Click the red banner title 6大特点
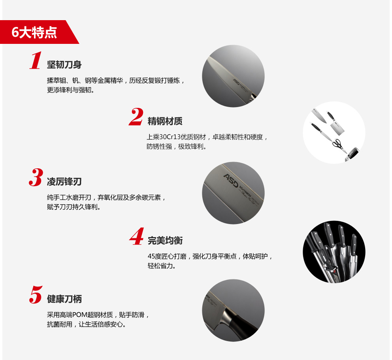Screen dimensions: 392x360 pyautogui.click(x=34, y=32)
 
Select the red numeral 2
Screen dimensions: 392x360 pyautogui.click(x=136, y=117)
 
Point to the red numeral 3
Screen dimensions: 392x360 pyautogui.click(x=36, y=177)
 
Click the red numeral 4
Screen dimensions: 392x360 pyautogui.click(x=137, y=236)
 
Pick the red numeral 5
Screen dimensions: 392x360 pyautogui.click(x=36, y=294)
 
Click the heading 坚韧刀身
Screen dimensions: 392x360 pyautogui.click(x=64, y=64)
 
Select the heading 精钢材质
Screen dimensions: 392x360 pyautogui.click(x=165, y=121)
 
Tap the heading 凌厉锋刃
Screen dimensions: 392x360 pyautogui.click(x=64, y=182)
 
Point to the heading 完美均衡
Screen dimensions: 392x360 pyautogui.click(x=165, y=241)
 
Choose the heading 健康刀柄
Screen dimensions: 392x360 pyautogui.click(x=64, y=299)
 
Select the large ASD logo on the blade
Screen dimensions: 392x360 pyautogui.click(x=230, y=181)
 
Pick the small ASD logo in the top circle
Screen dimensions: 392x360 pyautogui.click(x=236, y=82)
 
